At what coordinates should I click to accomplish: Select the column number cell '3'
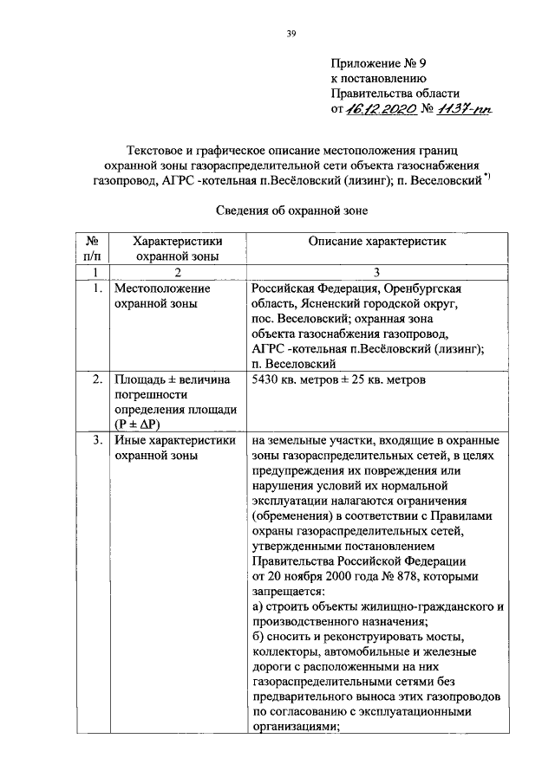[376, 271]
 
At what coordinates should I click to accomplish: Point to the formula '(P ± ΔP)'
[141, 424]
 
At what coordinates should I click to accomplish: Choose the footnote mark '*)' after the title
[488, 178]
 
